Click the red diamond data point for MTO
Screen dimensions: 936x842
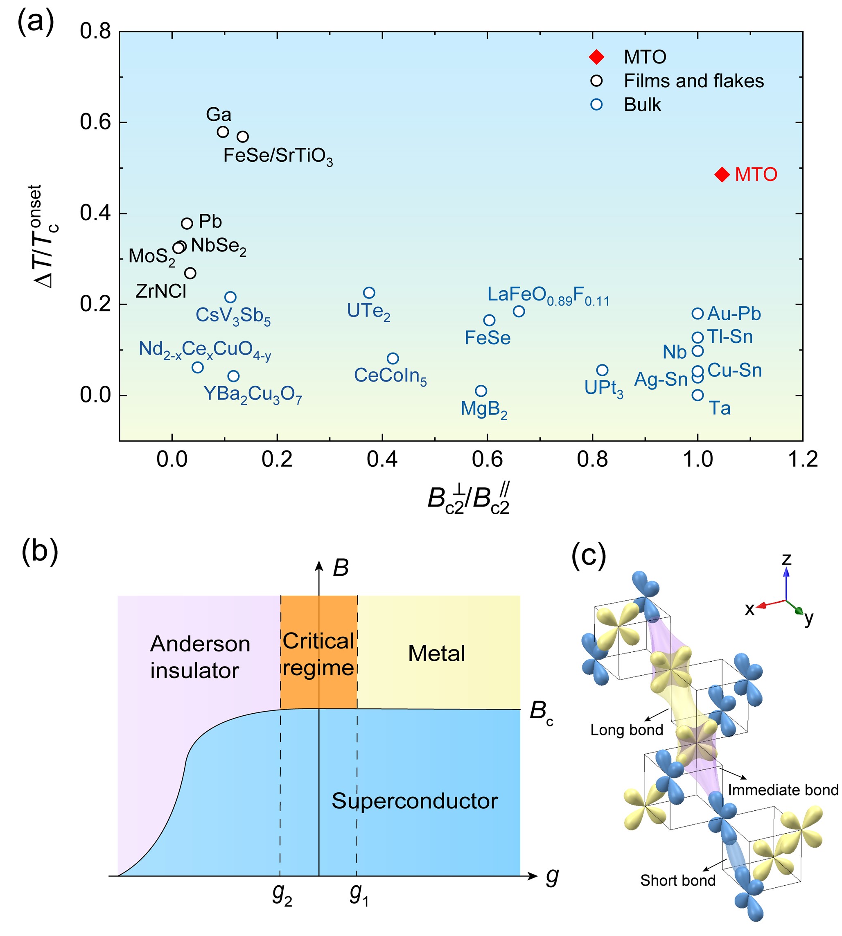(x=722, y=174)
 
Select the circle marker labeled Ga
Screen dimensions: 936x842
(x=223, y=132)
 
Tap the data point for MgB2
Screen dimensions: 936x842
(x=481, y=391)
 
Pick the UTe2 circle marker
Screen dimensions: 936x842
(x=369, y=293)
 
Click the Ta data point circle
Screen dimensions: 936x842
(x=698, y=395)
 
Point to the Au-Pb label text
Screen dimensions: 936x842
(x=734, y=314)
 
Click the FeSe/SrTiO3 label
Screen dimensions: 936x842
(x=278, y=156)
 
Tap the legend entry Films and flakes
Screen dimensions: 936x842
(x=693, y=81)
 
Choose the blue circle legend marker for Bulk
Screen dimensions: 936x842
(x=596, y=104)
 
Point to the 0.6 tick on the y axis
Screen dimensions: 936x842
(x=95, y=122)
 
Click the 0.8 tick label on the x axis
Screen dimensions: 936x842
(x=592, y=459)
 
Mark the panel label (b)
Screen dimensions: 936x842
(x=40, y=552)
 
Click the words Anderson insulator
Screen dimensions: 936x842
(x=200, y=658)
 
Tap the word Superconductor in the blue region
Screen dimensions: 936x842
(x=415, y=801)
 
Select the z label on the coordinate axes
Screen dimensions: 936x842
(x=786, y=559)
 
